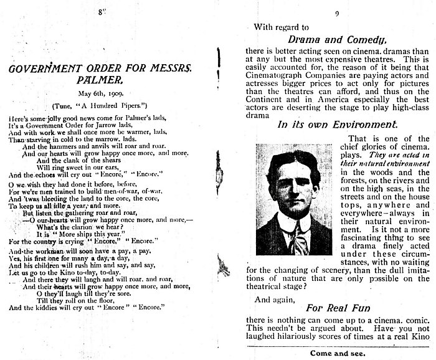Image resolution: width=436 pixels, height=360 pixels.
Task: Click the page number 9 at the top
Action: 336,12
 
